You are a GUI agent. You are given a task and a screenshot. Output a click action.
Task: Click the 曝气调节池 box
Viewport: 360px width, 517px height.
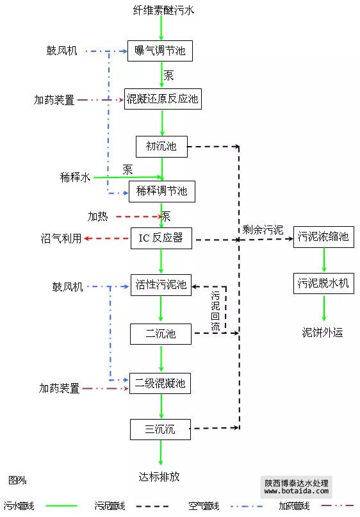click(x=160, y=51)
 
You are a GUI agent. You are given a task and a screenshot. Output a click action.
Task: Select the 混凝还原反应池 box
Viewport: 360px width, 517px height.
click(x=163, y=99)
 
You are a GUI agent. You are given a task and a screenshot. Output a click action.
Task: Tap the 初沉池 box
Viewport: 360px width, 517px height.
click(x=161, y=147)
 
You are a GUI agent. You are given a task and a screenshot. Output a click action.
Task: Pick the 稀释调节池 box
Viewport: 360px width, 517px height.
click(x=161, y=192)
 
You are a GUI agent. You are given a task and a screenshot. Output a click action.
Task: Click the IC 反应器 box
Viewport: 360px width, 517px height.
click(x=161, y=238)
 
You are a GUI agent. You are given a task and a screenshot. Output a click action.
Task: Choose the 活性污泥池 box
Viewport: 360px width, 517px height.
click(x=161, y=285)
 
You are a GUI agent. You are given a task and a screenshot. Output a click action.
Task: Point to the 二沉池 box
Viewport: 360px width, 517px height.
click(x=161, y=334)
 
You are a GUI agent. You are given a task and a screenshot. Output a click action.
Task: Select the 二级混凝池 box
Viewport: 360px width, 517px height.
click(x=160, y=383)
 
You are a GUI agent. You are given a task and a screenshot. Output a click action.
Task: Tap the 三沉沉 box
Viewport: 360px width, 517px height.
click(x=160, y=429)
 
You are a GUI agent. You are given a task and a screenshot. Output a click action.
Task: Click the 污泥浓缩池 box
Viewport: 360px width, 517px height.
click(x=323, y=237)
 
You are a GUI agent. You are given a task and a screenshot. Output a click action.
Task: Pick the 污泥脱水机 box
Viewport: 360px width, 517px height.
click(x=323, y=283)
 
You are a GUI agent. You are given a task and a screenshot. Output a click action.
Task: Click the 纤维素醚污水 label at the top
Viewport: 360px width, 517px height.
click(x=163, y=10)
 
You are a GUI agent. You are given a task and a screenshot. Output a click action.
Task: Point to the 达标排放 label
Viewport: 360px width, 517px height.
click(x=159, y=477)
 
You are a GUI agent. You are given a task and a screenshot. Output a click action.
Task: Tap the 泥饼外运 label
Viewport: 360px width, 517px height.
click(x=322, y=332)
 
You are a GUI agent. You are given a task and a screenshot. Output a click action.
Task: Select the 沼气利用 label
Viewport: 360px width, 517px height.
click(x=61, y=238)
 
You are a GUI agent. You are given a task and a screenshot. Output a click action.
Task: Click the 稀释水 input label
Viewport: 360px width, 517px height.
click(x=75, y=177)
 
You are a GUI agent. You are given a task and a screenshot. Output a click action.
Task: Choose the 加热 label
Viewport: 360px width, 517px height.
click(x=97, y=217)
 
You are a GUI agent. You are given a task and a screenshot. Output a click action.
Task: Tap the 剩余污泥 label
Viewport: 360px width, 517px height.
click(x=263, y=229)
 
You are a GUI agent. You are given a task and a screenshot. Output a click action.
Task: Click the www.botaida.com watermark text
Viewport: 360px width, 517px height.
click(x=297, y=491)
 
